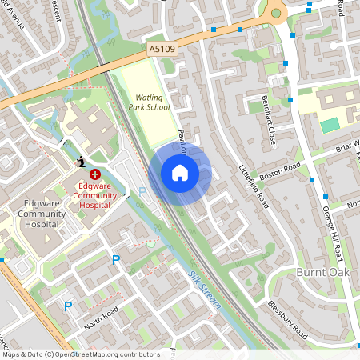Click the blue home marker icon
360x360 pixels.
180,173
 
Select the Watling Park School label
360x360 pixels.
148,102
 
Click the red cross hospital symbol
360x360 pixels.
95,173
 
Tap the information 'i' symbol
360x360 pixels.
81,162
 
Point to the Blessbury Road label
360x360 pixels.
288,319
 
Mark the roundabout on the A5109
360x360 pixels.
277,11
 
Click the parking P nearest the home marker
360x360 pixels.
143,192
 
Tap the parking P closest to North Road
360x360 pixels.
68,305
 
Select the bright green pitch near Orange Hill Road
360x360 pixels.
330,125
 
